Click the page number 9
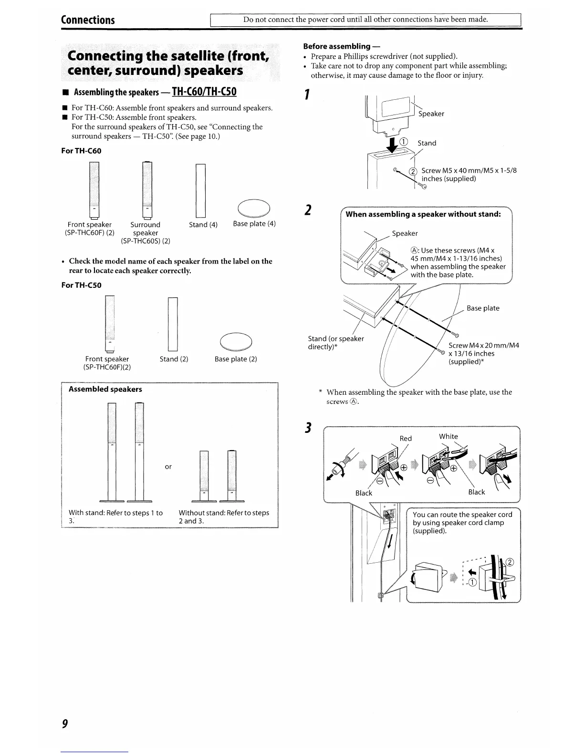pos(65,724)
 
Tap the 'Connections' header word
pos(88,20)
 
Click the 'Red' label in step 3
pos(406,439)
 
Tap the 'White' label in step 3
pos(448,436)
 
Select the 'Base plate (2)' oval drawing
pos(236,342)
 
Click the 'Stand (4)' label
pos(203,225)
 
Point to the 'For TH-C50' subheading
pos(82,285)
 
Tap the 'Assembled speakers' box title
pos(105,389)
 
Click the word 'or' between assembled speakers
pos(168,467)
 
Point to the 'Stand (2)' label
pos(174,359)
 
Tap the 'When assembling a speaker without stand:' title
pos(423,214)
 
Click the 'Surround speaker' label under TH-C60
pos(146,229)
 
